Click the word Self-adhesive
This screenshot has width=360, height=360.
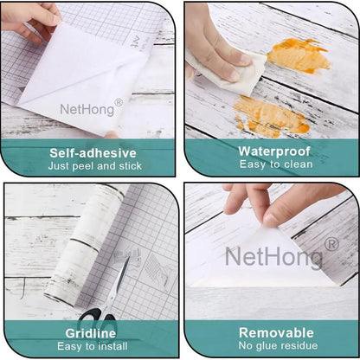(x=93, y=153)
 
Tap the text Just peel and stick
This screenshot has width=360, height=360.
(x=95, y=166)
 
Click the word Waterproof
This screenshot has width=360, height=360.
(x=274, y=151)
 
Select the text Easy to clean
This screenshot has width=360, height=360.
(x=276, y=164)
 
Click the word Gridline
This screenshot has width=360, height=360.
(x=91, y=333)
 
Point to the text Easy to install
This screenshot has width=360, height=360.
(x=93, y=346)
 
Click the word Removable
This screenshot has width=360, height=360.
(x=276, y=332)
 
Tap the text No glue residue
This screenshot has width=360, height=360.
(x=278, y=345)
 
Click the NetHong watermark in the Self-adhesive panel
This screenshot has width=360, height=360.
(x=87, y=110)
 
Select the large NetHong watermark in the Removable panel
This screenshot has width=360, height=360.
(x=273, y=256)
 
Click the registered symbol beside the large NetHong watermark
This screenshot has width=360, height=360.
(x=331, y=245)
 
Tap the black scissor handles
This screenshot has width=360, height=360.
(x=97, y=315)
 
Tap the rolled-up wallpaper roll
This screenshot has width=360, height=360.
(x=84, y=245)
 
